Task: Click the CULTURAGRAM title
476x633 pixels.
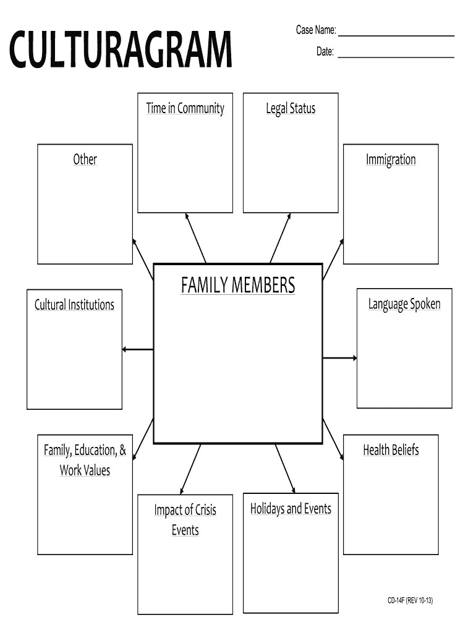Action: (x=121, y=49)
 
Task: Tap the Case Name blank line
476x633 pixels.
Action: (x=396, y=36)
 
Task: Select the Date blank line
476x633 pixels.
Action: (x=396, y=57)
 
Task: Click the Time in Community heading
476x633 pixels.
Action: (x=185, y=108)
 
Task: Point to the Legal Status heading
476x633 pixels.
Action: (x=291, y=108)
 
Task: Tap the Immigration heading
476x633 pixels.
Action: (x=391, y=159)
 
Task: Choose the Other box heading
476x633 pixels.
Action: (x=85, y=159)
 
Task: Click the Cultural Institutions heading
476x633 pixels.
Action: (x=74, y=304)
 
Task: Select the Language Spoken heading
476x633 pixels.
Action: (x=404, y=304)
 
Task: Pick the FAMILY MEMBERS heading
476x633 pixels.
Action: (x=238, y=285)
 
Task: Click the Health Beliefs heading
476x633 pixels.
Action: (x=391, y=450)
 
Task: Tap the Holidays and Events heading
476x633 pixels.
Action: (x=291, y=509)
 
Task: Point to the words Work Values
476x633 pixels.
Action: (x=85, y=470)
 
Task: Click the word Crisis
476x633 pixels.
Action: (x=206, y=510)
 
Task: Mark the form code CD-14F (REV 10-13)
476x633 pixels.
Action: (x=410, y=600)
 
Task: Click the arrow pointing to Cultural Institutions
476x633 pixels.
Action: (x=138, y=349)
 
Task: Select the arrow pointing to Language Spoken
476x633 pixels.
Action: (x=339, y=358)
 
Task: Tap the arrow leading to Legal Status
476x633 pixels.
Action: (x=280, y=238)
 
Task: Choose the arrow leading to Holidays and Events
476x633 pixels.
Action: (x=286, y=469)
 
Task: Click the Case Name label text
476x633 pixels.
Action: (x=316, y=30)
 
